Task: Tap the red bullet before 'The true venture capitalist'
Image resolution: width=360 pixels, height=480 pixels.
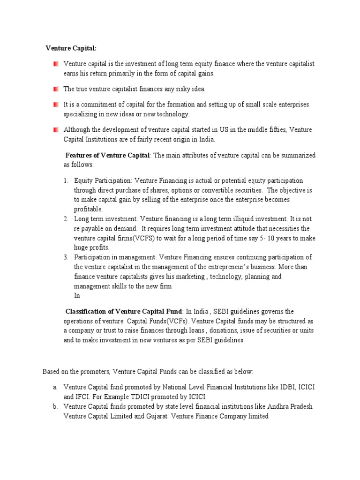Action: (x=56, y=89)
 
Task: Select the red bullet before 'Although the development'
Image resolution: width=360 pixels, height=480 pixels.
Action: (x=56, y=129)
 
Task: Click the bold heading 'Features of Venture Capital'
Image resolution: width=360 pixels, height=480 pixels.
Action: (x=107, y=155)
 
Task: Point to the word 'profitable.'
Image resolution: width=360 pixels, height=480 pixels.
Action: (x=88, y=209)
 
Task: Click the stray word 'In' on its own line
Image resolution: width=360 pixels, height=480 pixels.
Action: (x=77, y=295)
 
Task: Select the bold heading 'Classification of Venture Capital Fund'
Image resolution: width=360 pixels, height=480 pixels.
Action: (x=123, y=311)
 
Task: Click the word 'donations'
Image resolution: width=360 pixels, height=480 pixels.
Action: (x=207, y=331)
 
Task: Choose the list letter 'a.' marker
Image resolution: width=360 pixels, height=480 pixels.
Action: (x=55, y=387)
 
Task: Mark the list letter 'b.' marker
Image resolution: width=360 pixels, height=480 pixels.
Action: (x=55, y=406)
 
